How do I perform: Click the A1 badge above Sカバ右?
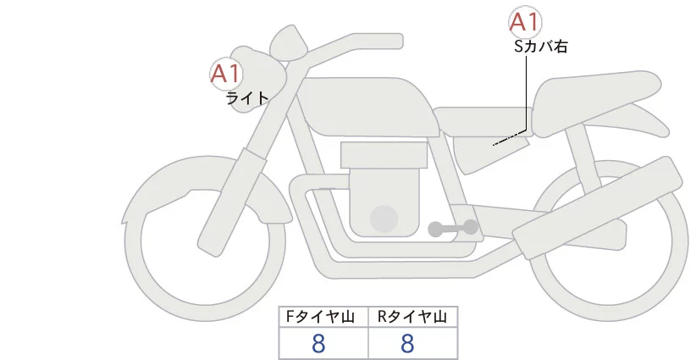(525, 22)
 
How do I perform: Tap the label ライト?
(247, 98)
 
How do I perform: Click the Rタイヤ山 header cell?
(412, 317)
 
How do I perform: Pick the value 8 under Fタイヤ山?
(319, 343)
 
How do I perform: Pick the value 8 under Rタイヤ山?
(407, 343)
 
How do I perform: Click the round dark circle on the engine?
(385, 219)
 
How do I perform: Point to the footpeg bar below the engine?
(453, 228)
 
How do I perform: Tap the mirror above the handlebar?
(288, 38)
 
